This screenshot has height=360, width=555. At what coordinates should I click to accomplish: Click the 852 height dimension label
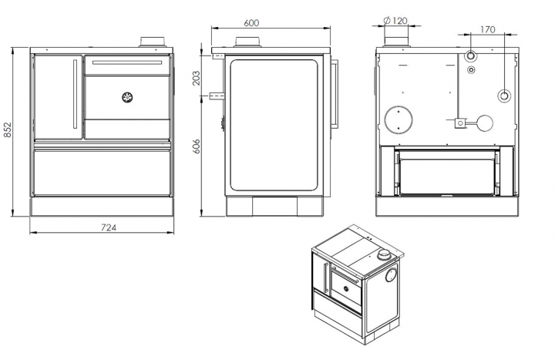pyautogui.click(x=7, y=130)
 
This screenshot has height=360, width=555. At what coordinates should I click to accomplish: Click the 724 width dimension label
pyautogui.click(x=109, y=227)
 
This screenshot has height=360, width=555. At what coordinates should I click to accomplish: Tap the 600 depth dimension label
pyautogui.click(x=251, y=23)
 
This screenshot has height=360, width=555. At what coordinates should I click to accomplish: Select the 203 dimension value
pyautogui.click(x=197, y=78)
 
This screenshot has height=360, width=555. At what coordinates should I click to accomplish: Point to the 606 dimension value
pyautogui.click(x=197, y=146)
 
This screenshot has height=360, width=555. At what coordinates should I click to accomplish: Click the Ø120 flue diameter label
pyautogui.click(x=395, y=21)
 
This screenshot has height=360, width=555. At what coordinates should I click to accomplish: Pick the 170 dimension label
pyautogui.click(x=487, y=30)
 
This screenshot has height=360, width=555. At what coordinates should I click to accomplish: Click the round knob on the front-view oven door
pyautogui.click(x=127, y=97)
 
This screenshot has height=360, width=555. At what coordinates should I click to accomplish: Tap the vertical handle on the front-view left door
pyautogui.click(x=75, y=94)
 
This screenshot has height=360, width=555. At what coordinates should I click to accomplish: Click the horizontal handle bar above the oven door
pyautogui.click(x=127, y=62)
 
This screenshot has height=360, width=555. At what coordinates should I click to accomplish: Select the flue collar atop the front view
pyautogui.click(x=153, y=42)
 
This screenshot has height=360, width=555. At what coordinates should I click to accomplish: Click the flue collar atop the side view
pyautogui.click(x=247, y=42)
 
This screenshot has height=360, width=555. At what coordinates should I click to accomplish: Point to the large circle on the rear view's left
pyautogui.click(x=399, y=119)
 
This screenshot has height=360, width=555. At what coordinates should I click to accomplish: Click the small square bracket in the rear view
pyautogui.click(x=459, y=123)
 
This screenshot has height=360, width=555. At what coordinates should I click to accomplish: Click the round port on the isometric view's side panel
pyautogui.click(x=391, y=275)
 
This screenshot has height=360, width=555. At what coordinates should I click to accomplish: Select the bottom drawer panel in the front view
pyautogui.click(x=102, y=173)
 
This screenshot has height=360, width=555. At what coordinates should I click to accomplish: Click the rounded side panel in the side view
pyautogui.click(x=274, y=125)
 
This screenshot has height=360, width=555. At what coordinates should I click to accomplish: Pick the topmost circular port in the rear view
pyautogui.click(x=471, y=56)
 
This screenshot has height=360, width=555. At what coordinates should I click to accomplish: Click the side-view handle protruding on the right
pyautogui.click(x=335, y=93)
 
